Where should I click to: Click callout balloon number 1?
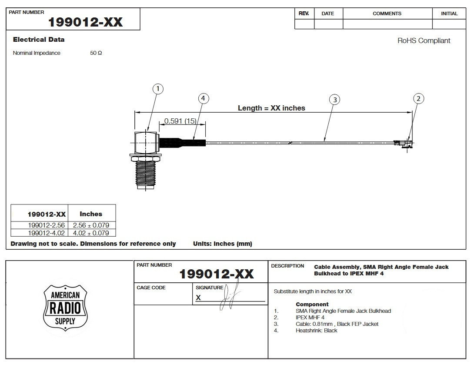(x=158, y=89)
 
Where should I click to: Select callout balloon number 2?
(x=418, y=99)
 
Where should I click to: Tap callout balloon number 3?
(x=334, y=100)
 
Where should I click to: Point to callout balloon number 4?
(x=203, y=99)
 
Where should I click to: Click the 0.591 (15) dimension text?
(x=180, y=121)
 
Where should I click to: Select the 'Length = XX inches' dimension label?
(x=271, y=108)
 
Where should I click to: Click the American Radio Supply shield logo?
(x=66, y=308)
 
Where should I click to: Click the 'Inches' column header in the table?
(x=91, y=214)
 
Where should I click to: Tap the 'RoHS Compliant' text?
(x=424, y=41)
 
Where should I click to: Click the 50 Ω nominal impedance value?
(x=96, y=53)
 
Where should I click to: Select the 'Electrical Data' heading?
(x=39, y=40)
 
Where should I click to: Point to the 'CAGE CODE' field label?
(x=151, y=288)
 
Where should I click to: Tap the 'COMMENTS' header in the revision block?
(x=387, y=13)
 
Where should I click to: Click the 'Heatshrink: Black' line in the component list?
(x=316, y=331)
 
